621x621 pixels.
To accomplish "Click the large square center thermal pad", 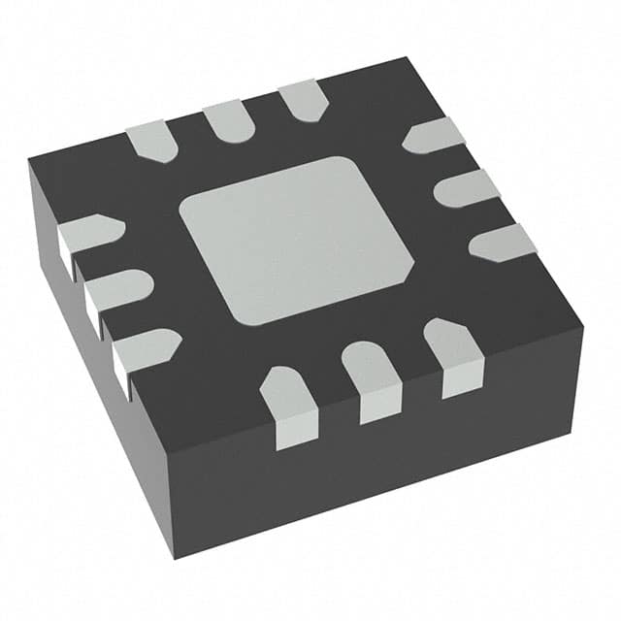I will (x=289, y=239).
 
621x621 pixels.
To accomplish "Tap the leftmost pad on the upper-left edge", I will (x=152, y=140).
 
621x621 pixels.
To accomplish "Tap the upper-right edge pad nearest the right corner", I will (x=503, y=242).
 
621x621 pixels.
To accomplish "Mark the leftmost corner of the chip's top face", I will (x=28, y=159).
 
